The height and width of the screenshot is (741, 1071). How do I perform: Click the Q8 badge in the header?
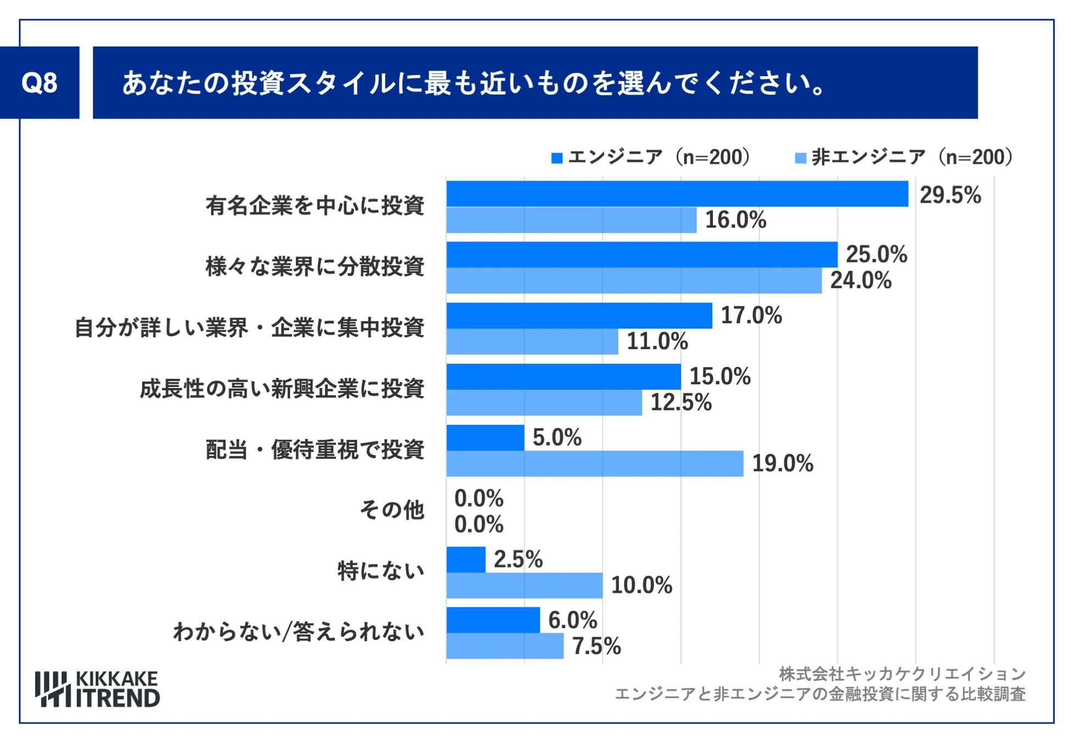(x=40, y=83)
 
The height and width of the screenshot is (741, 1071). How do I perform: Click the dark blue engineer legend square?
(x=557, y=158)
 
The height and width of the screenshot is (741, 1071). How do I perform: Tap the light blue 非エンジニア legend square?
(x=800, y=158)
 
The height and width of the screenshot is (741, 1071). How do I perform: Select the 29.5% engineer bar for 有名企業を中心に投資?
(x=677, y=194)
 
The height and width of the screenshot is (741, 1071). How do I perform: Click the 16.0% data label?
(x=735, y=220)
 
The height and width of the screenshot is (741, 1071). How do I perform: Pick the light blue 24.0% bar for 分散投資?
(x=634, y=280)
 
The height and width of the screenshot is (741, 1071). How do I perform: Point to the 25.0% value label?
(x=876, y=254)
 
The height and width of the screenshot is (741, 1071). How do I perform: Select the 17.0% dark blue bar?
(x=579, y=316)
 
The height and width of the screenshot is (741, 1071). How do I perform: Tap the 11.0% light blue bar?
(x=532, y=341)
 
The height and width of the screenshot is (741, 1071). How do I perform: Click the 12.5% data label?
(x=680, y=402)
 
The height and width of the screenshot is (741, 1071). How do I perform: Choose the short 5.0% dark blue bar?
(x=485, y=437)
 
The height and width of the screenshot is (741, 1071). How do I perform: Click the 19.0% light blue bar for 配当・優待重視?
(x=594, y=463)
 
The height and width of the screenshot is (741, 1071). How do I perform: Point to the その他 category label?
(x=392, y=510)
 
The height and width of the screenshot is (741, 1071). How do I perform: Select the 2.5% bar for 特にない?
(x=466, y=559)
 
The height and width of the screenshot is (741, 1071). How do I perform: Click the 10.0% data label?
(x=641, y=585)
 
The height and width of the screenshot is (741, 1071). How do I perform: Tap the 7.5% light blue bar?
(x=505, y=645)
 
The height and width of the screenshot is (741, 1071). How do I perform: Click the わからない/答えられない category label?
(x=298, y=632)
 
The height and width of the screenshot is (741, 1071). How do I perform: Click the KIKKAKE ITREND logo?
(x=97, y=689)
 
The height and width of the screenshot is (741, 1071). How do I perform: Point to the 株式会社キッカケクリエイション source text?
(x=902, y=673)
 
